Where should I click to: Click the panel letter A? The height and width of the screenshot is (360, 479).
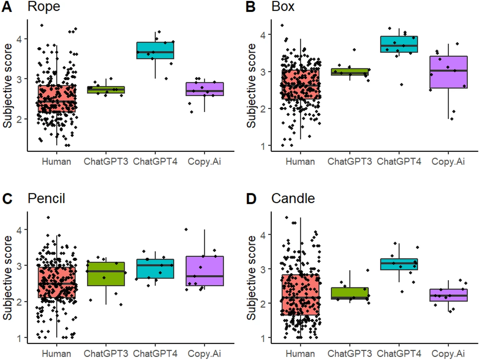pyautogui.click(x=7, y=7)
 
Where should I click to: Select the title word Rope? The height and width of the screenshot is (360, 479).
pyautogui.click(x=44, y=7)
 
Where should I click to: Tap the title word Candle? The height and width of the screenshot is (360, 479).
pyautogui.click(x=293, y=198)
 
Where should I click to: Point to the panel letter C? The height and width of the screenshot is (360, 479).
pyautogui.click(x=7, y=199)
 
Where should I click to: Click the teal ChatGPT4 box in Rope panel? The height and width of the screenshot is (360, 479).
pyautogui.click(x=155, y=50)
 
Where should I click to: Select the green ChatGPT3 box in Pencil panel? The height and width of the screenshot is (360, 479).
pyautogui.click(x=106, y=274)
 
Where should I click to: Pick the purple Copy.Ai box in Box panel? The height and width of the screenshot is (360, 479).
pyautogui.click(x=449, y=72)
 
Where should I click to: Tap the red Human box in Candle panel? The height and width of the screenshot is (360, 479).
pyautogui.click(x=300, y=295)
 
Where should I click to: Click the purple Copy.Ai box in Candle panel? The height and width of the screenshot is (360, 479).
pyautogui.click(x=449, y=295)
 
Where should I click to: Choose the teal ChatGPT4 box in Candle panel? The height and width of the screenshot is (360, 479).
pyautogui.click(x=399, y=264)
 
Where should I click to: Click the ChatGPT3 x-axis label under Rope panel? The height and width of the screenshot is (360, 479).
pyautogui.click(x=106, y=161)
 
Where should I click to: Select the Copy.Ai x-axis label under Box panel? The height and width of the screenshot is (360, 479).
pyautogui.click(x=448, y=161)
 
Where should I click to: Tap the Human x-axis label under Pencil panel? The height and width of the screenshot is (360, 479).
pyautogui.click(x=56, y=354)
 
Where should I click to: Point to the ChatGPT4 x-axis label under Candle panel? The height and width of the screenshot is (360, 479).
pyautogui.click(x=399, y=354)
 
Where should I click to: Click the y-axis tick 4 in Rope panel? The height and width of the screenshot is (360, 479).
pyautogui.click(x=19, y=39)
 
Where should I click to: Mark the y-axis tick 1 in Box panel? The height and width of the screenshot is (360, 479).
pyautogui.click(x=263, y=146)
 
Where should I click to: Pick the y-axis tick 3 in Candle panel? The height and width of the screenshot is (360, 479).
pyautogui.click(x=263, y=269)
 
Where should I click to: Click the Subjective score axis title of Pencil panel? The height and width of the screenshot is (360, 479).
pyautogui.click(x=7, y=277)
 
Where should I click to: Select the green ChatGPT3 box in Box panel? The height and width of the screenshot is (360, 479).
pyautogui.click(x=350, y=72)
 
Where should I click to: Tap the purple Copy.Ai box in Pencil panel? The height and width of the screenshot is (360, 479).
pyautogui.click(x=205, y=271)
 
